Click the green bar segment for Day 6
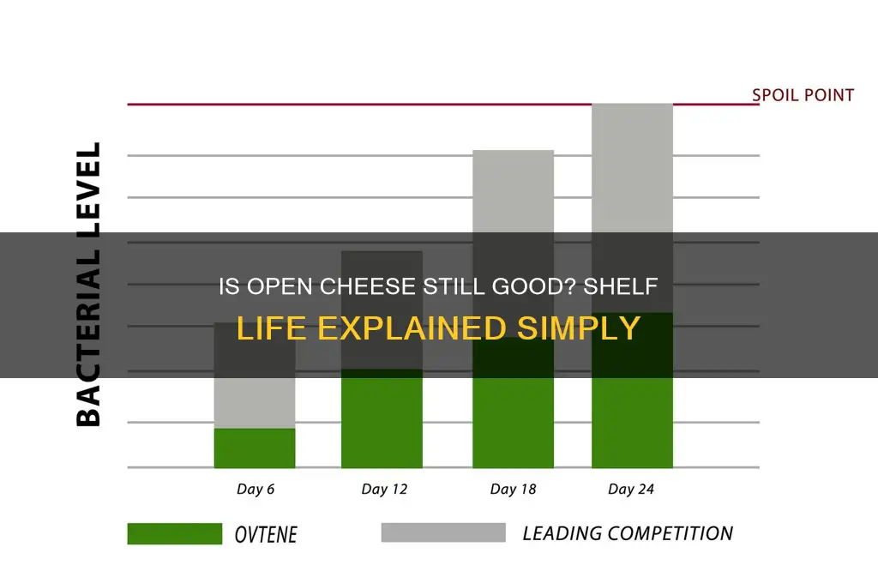255,448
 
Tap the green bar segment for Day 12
382,419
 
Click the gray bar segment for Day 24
632,171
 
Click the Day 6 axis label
255,490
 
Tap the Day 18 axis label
513,490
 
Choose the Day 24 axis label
632,490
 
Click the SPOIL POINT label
803,95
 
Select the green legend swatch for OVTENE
174,533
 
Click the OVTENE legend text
265,534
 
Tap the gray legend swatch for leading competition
442,533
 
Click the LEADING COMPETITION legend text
628,533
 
